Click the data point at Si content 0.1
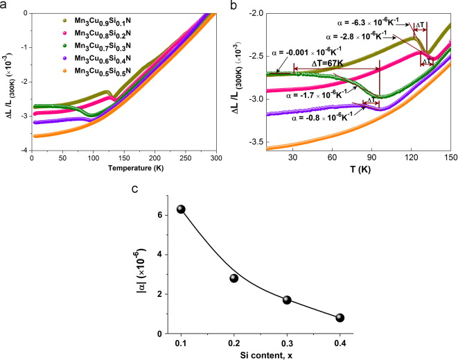[x=182, y=209]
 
